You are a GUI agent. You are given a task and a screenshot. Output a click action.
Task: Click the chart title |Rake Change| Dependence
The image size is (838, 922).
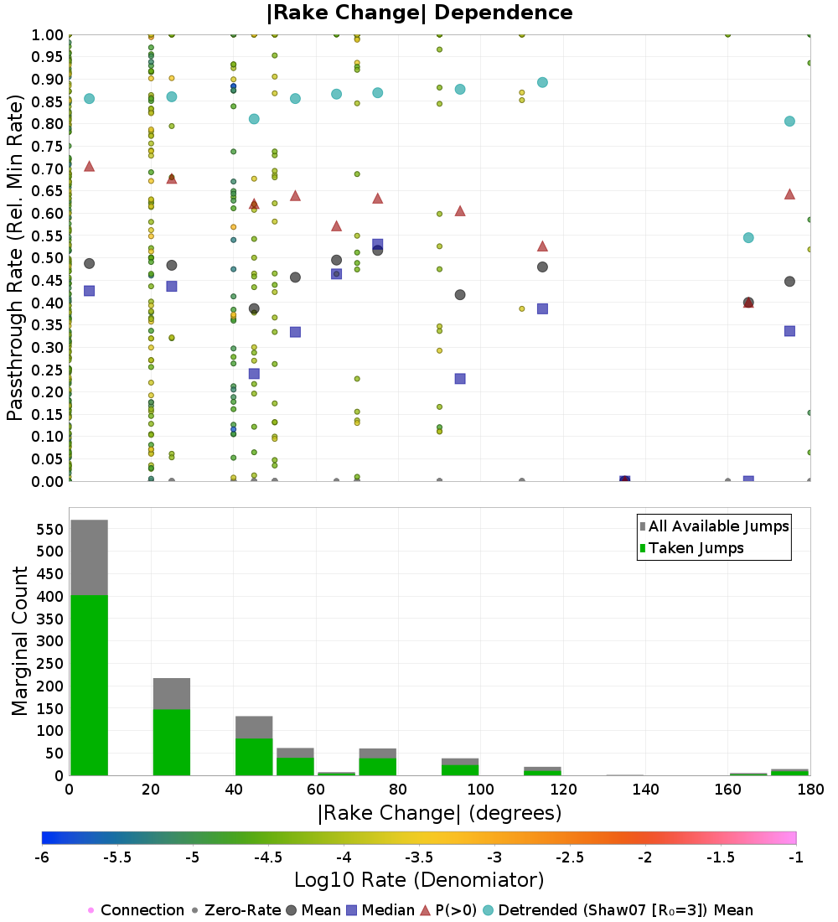pos(419,13)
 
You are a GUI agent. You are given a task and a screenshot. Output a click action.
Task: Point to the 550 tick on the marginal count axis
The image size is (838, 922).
pos(49,529)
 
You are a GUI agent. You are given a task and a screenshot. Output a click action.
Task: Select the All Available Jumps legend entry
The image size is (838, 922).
pos(713,526)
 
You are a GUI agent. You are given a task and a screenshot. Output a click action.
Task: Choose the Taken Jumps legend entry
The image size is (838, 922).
pos(691,548)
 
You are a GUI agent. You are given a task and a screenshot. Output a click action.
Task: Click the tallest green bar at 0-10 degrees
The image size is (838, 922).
pos(89,683)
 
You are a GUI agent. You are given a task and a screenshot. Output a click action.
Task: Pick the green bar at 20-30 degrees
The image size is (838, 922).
pos(172,742)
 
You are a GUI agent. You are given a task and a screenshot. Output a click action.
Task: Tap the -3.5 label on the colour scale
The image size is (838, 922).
pos(419,857)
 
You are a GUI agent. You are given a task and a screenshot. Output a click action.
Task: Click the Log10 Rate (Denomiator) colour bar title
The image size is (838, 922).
pos(419,880)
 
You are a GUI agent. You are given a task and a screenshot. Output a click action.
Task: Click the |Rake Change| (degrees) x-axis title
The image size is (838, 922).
pos(439,813)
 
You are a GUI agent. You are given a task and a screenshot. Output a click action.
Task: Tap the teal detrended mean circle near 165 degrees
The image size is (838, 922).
pos(748,237)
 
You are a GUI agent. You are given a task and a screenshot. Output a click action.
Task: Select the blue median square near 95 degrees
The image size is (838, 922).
pos(460,378)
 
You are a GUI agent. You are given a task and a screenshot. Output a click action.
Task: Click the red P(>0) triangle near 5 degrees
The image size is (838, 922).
pos(89,166)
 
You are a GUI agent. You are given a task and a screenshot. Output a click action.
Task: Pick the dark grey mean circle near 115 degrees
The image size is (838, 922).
pos(542,267)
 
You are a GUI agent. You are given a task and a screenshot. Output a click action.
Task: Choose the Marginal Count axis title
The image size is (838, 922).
pos(20,641)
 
